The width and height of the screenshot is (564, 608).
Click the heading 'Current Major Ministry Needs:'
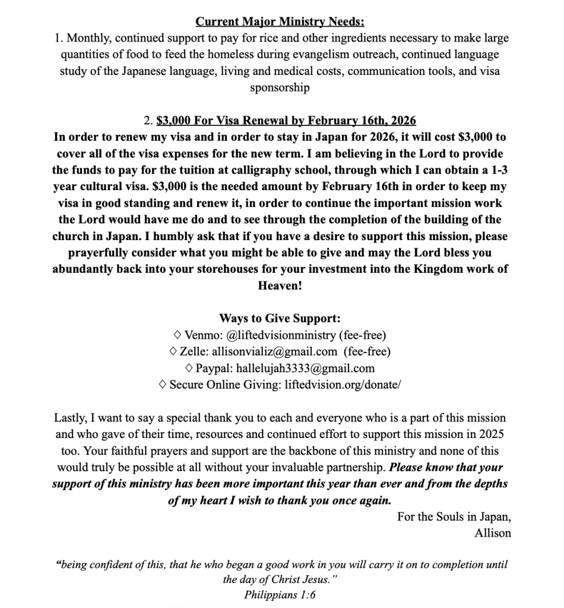[280, 22]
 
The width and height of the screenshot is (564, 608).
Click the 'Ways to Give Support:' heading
[280, 318]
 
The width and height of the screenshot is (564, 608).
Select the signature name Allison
[492, 533]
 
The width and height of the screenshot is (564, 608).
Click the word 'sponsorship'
[280, 87]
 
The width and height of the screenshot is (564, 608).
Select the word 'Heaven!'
[280, 285]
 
